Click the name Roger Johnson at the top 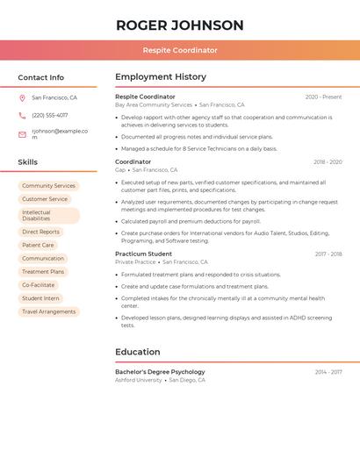(180, 25)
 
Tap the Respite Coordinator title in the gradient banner (180, 50)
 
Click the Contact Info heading (41, 77)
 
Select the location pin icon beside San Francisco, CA (22, 98)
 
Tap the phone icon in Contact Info (22, 115)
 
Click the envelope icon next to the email (22, 134)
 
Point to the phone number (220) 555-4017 (50, 115)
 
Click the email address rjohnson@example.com (60, 133)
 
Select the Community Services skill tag (48, 186)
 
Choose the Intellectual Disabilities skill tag (48, 215)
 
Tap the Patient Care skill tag (38, 246)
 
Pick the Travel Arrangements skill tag (48, 311)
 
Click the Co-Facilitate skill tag (38, 285)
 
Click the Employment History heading (161, 77)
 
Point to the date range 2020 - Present (323, 97)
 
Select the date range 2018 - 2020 (328, 162)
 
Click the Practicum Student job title (143, 254)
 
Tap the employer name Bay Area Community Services (154, 104)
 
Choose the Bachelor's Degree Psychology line (160, 372)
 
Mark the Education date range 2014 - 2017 (328, 372)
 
